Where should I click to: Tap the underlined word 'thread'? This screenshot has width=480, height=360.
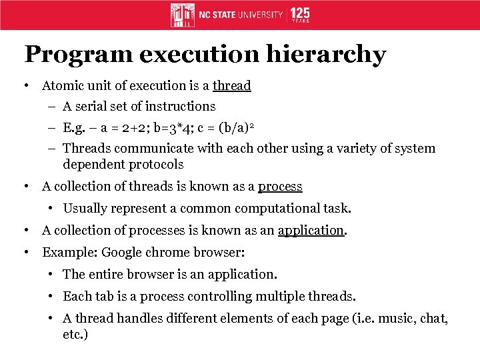tap(231, 85)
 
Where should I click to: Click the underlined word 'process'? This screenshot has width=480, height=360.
tap(280, 187)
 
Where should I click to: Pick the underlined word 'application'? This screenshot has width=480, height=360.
tap(311, 230)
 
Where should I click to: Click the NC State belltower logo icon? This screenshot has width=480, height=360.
tap(182, 15)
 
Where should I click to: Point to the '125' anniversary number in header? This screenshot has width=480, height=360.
tap(300, 13)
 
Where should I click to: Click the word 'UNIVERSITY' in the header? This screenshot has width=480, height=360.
tap(257, 15)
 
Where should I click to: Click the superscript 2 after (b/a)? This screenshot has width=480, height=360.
tap(252, 125)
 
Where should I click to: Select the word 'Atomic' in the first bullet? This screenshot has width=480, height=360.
tap(62, 85)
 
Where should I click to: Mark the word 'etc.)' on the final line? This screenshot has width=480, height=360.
tap(75, 334)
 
